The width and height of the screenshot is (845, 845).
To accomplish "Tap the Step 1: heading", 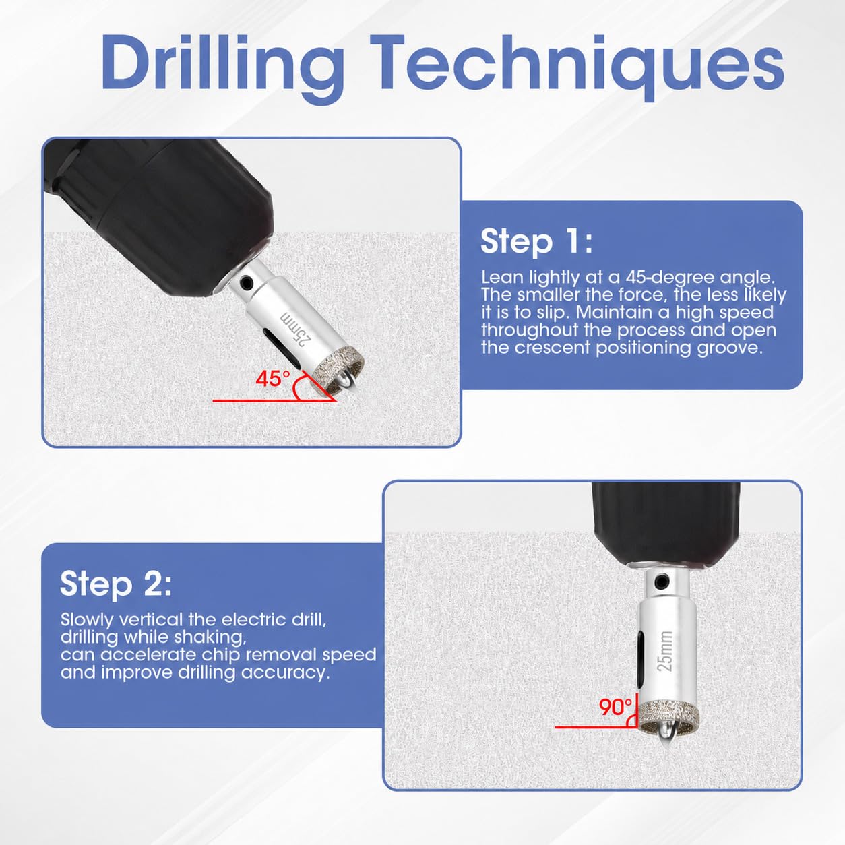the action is (x=536, y=242).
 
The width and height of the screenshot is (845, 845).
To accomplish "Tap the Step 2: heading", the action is (x=116, y=584).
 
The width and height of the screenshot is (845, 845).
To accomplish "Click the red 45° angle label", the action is (x=273, y=379).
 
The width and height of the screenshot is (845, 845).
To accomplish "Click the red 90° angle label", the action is (x=616, y=707).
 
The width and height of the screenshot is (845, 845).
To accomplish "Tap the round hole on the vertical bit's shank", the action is (x=659, y=582).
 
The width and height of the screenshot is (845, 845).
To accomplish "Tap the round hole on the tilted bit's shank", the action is (x=247, y=280).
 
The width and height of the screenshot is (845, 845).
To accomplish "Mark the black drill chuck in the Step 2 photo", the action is (x=666, y=525).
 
